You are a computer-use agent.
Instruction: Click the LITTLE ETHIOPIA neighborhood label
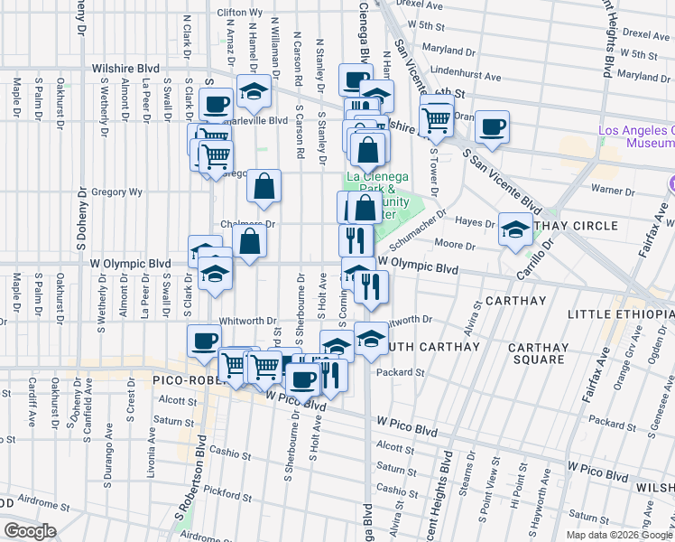[x=620, y=313]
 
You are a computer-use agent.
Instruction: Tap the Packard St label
[x=401, y=372]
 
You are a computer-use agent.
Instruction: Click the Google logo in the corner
[x=30, y=531]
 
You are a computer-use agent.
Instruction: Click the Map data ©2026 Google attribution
[x=619, y=535]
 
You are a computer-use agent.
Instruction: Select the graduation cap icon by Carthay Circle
[x=515, y=229]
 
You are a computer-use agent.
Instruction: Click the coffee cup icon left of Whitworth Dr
[x=203, y=341]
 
